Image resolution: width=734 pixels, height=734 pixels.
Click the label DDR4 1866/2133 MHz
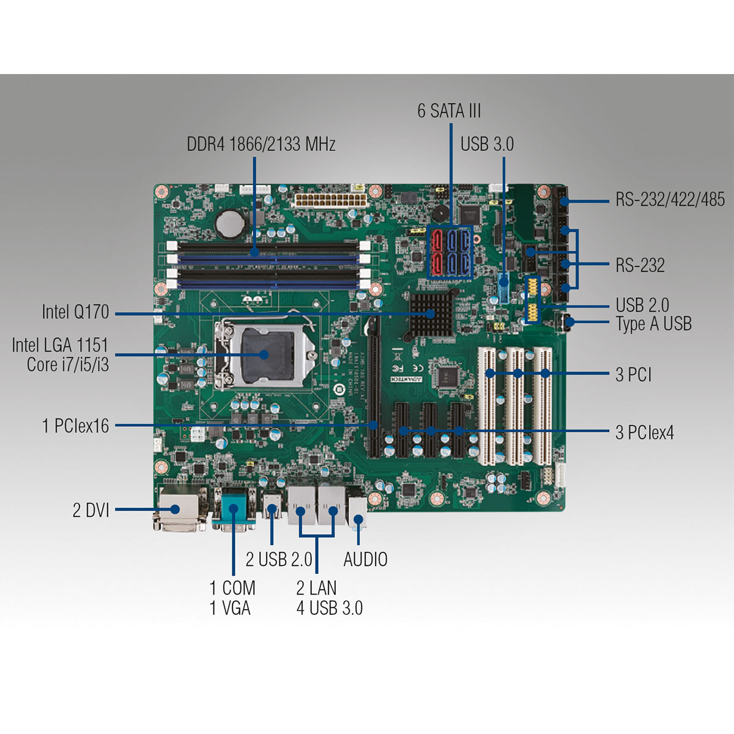pos(261,144)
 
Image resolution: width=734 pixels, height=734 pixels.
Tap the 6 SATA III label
pos(449,111)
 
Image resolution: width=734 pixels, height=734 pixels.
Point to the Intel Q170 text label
pos(75,312)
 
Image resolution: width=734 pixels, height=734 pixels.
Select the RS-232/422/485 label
pos(670,199)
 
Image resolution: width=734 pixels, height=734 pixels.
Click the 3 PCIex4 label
pos(645,433)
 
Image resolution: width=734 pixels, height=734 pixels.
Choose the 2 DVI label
pos(91,510)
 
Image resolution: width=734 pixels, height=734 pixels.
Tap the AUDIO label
pos(365,559)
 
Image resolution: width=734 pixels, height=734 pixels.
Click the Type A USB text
pos(653,324)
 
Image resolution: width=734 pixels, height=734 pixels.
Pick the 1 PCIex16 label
pos(75,426)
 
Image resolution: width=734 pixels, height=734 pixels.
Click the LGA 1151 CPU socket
pos(265,353)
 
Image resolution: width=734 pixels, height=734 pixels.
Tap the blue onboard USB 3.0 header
pos(503,287)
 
